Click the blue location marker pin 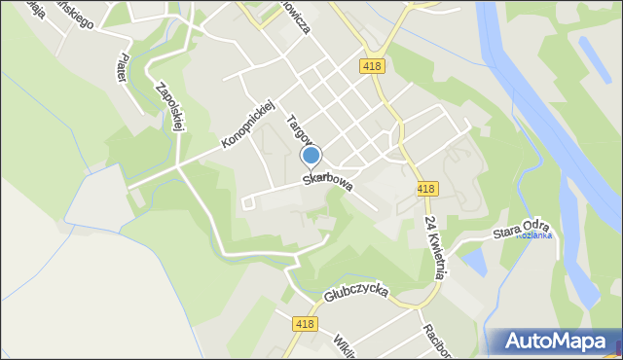pos(311,156)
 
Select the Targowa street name pos(297,135)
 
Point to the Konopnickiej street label pos(249,123)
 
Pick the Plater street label pos(123,67)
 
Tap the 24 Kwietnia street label pos(434,247)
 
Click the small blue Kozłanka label pos(533,235)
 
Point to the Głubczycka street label pos(358,294)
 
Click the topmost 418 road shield pos(370,66)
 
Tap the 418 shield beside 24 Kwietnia pos(425,189)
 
